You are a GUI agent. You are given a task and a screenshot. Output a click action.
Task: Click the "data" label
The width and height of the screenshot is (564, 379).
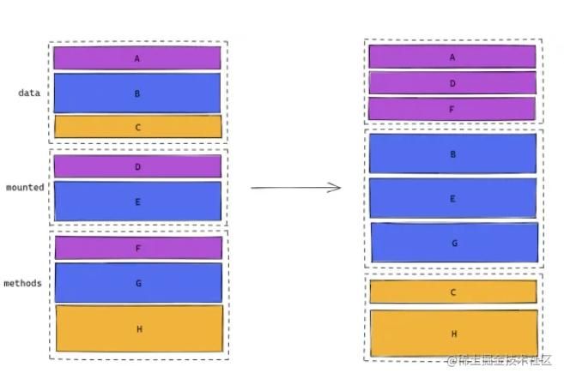(29, 93)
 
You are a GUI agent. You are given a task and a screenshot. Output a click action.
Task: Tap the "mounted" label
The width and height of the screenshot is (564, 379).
(24, 187)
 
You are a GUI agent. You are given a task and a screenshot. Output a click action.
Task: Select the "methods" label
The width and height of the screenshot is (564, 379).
(22, 283)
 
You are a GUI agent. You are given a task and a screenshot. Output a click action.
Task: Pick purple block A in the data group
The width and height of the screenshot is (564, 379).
(137, 58)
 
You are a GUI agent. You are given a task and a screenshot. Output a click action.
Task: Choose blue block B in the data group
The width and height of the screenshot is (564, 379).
(137, 93)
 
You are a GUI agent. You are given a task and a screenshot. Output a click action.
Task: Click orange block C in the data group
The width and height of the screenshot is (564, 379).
(137, 127)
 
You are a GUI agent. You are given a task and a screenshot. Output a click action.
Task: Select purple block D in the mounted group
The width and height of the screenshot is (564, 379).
(137, 166)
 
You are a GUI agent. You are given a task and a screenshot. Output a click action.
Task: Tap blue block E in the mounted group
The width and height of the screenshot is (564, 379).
(137, 202)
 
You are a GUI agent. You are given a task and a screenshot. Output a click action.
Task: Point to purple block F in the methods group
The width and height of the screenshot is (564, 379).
(138, 248)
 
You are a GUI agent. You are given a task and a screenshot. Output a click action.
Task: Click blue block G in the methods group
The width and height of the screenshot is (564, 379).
(138, 282)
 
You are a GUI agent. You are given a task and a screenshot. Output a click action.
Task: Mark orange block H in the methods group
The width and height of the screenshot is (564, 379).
(139, 328)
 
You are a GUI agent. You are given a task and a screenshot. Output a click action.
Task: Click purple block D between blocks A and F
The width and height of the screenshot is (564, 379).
(452, 83)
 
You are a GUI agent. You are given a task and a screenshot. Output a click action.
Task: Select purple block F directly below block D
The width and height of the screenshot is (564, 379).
(452, 109)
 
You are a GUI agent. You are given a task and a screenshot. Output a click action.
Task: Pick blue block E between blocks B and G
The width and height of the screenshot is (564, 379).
(453, 198)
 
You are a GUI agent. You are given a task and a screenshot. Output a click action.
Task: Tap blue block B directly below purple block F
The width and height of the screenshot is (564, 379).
(453, 153)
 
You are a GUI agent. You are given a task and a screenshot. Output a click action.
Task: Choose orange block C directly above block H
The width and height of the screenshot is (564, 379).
(453, 292)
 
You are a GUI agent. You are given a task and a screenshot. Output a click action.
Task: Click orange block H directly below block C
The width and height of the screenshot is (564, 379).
(453, 333)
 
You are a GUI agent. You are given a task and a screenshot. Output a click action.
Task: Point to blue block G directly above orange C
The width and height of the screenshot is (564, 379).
(454, 243)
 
